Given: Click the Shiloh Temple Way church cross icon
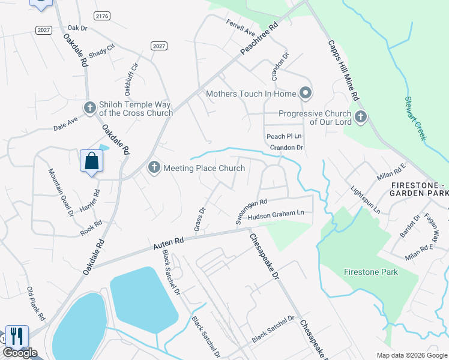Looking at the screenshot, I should click(90, 108).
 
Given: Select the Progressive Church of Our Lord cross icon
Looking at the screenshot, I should click(360, 117).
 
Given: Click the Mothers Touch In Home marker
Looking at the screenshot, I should click(306, 93).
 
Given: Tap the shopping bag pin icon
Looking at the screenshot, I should click(92, 161).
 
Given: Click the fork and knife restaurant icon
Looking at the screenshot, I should click(17, 335).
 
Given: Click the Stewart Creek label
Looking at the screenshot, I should click(415, 118).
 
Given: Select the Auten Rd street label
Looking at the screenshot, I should click(168, 242).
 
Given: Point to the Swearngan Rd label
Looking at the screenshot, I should click(250, 212).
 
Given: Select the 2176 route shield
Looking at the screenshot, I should click(102, 14).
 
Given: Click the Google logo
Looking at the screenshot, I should click(20, 353).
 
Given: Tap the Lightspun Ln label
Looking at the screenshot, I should click(366, 199).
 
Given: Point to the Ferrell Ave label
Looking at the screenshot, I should click(241, 28).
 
